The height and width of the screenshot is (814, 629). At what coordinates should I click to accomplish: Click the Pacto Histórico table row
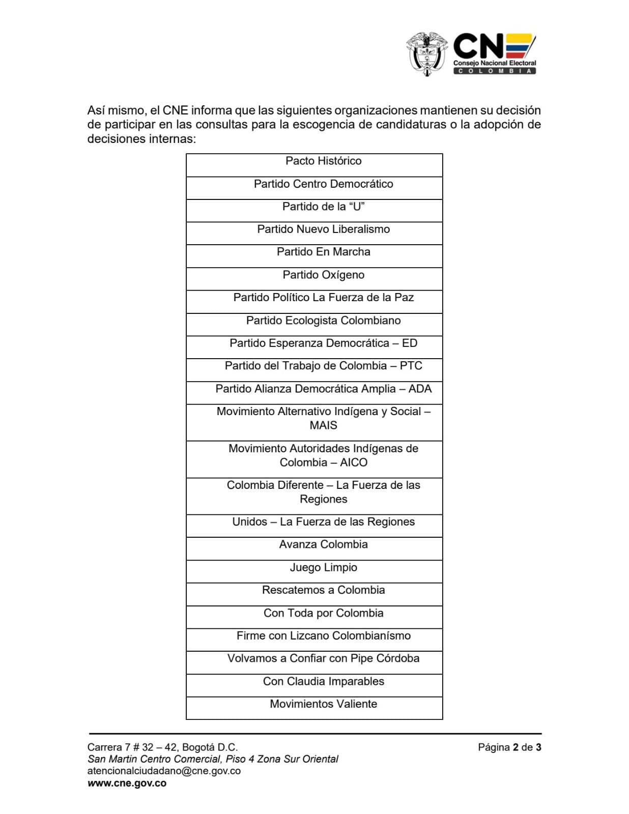323,161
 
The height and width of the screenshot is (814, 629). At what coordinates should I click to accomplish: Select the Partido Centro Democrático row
323,184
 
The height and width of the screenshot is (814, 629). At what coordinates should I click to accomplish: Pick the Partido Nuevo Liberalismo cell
323,229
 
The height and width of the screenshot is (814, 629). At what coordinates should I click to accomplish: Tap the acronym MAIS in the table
323,425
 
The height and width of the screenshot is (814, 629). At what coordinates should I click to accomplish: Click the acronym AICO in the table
354,462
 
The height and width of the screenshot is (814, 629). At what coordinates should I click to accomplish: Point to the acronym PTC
411,366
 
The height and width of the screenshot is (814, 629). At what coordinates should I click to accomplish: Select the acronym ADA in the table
420,389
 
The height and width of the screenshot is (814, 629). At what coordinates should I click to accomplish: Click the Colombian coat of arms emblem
426,53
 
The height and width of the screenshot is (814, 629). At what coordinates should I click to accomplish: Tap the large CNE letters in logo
478,46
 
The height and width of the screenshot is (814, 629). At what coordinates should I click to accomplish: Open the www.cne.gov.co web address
127,783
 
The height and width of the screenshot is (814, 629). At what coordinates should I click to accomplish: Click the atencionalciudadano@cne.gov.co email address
164,771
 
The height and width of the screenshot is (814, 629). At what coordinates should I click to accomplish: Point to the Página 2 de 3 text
509,747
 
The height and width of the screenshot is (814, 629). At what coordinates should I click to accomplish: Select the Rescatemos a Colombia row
323,590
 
